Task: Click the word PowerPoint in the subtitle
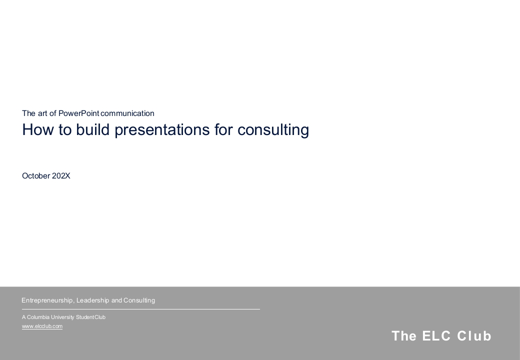click(79, 113)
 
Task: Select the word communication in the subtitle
click(127, 113)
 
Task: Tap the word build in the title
click(93, 129)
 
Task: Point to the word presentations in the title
click(162, 130)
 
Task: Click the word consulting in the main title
click(273, 130)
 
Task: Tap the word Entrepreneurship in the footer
click(48, 300)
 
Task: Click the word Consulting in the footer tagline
click(139, 300)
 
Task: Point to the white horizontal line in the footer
click(141, 309)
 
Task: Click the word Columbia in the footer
click(38, 317)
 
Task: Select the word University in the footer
click(62, 317)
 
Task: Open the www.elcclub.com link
click(42, 326)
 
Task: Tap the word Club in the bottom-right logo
click(474, 336)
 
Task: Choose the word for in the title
click(223, 129)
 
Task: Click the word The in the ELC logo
click(404, 336)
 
